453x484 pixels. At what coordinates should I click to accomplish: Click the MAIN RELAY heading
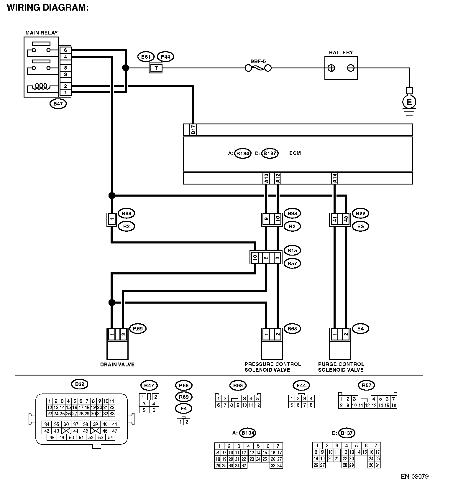click(42, 33)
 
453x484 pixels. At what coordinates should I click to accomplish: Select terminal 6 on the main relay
click(65, 50)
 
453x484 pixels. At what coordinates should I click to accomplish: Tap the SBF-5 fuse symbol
click(258, 68)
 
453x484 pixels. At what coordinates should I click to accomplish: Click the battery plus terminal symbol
click(331, 68)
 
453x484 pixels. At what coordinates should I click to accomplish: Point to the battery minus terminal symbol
click(351, 68)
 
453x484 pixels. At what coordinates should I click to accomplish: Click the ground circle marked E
click(409, 102)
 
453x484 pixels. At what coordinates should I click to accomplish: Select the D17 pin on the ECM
click(193, 130)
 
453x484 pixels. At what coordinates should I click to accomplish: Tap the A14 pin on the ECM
click(334, 178)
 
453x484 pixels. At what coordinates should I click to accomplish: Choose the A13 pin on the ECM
click(266, 178)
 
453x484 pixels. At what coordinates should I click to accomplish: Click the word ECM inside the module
click(295, 153)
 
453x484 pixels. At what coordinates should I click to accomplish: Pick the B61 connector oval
click(146, 57)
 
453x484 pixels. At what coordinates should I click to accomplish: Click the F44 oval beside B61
click(166, 57)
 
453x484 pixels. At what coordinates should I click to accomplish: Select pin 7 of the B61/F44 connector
click(156, 68)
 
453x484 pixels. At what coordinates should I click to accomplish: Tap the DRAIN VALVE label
click(117, 365)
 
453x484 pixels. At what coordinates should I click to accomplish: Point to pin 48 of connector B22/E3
click(346, 219)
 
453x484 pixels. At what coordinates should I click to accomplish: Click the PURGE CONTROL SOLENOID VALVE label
click(341, 367)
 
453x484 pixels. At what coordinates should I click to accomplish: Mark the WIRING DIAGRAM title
click(47, 8)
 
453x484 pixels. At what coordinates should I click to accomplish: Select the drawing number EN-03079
click(415, 476)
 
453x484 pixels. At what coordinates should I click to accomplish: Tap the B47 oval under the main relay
click(58, 104)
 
